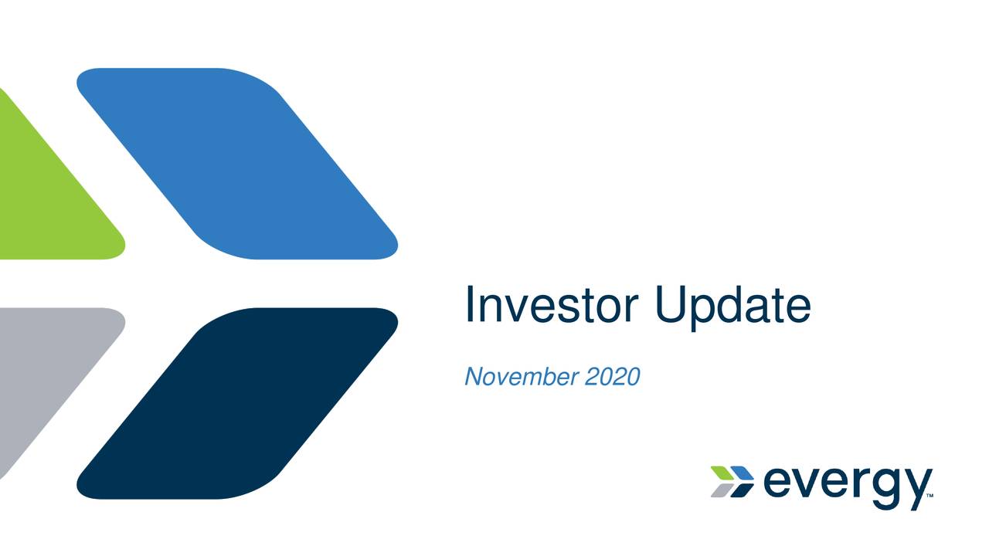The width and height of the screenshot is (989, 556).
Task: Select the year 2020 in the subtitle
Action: [613, 377]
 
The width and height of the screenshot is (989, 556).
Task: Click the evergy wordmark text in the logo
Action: [846, 483]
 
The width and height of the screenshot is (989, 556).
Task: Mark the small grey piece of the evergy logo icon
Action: [721, 490]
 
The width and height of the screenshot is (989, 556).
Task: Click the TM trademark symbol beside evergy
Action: [930, 496]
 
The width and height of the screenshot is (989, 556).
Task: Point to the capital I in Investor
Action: [470, 305]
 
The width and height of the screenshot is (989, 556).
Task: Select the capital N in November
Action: [473, 377]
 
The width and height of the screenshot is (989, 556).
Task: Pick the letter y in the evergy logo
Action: [916, 487]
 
